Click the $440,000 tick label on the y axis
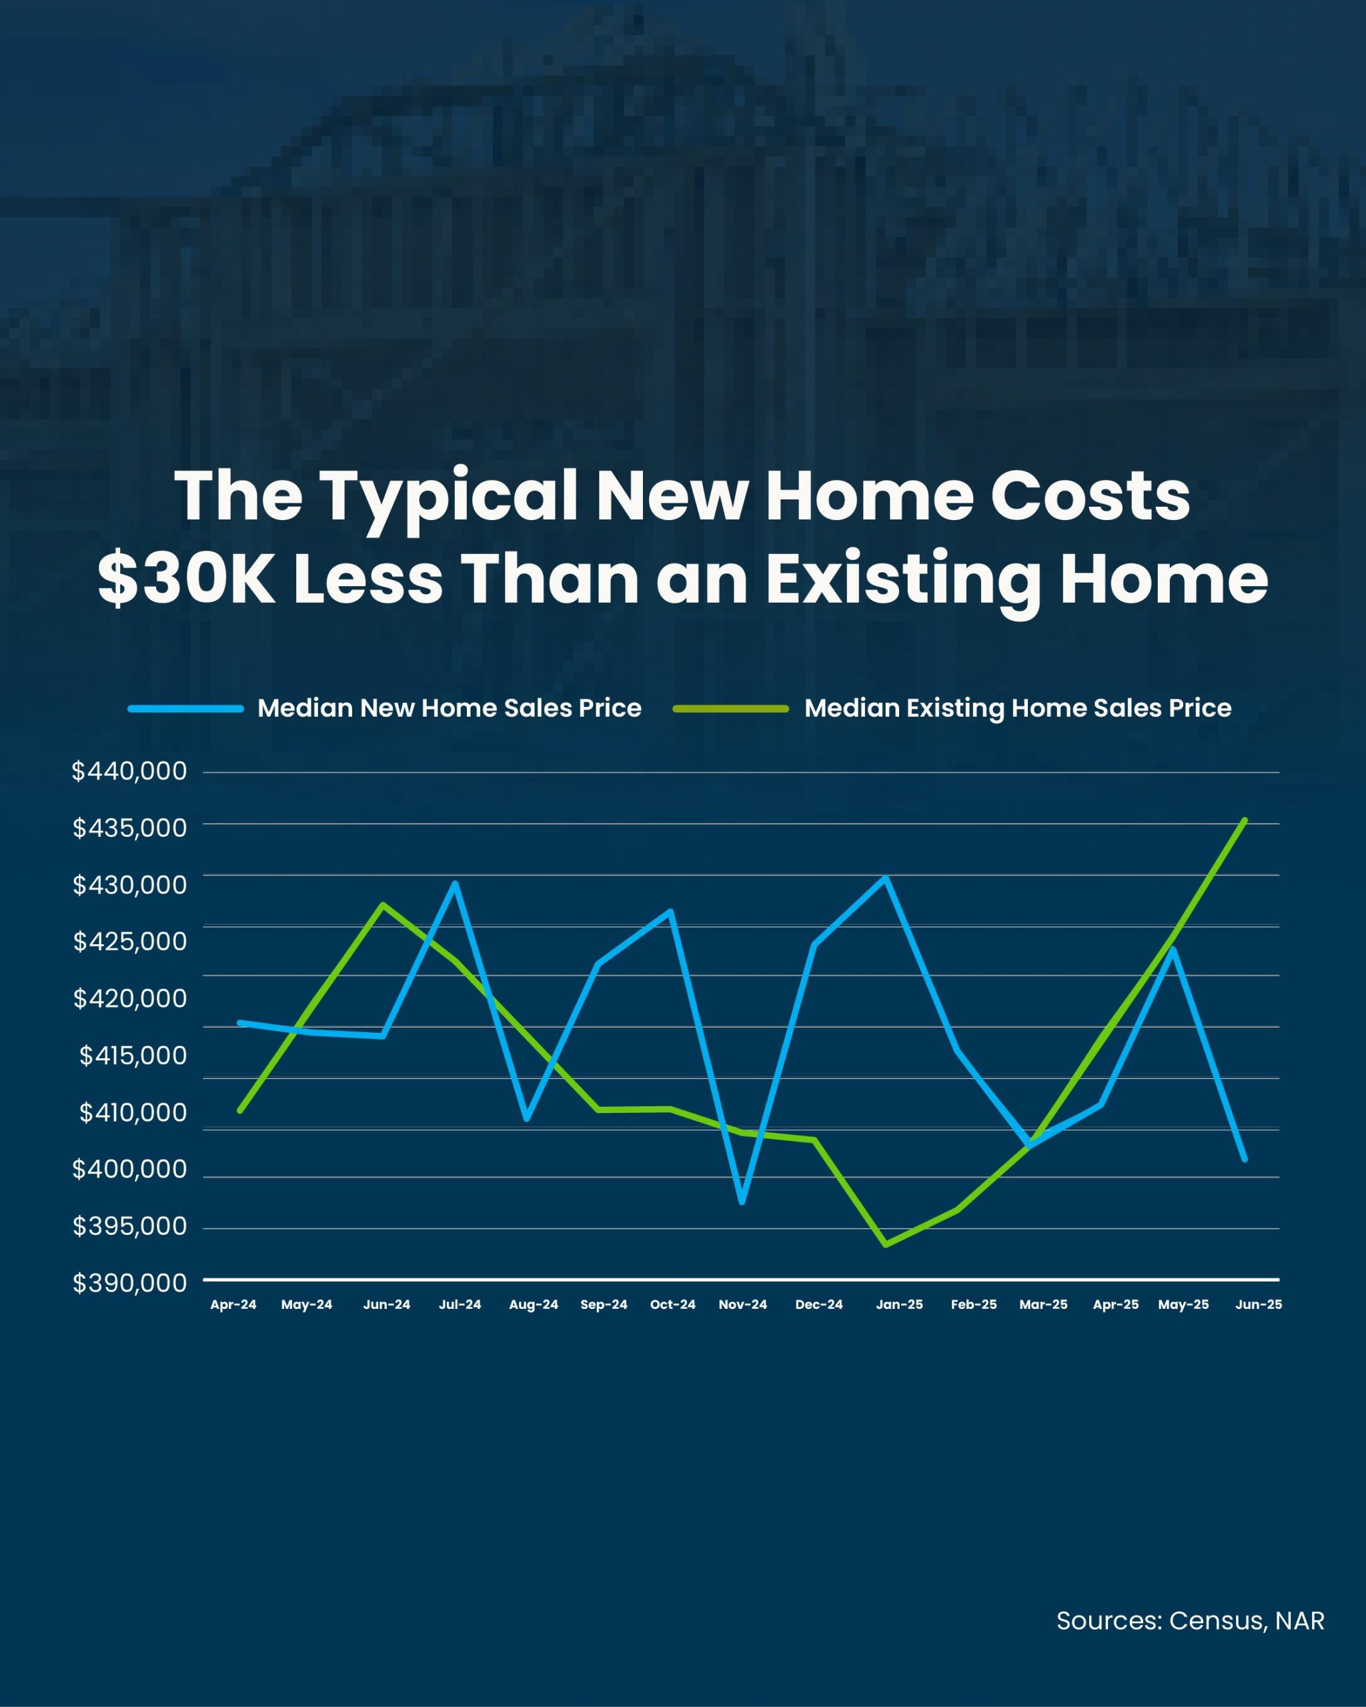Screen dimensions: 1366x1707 129,771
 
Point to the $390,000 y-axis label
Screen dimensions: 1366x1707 130,1283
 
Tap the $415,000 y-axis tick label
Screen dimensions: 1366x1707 133,1056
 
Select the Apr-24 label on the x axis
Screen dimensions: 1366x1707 233,1304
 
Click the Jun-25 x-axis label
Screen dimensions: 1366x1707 1259,1304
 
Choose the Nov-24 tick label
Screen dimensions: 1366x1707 743,1304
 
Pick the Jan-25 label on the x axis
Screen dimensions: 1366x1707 899,1304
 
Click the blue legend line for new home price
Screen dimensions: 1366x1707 185,709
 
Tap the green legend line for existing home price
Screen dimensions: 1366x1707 730,709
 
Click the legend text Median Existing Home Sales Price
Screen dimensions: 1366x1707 1018,708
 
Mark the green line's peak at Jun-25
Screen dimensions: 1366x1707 1245,820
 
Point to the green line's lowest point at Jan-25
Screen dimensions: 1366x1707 885,1245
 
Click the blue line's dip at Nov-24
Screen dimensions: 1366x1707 742,1202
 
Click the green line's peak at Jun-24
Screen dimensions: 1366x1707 384,904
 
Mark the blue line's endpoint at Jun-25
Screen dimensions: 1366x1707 1245,1159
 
